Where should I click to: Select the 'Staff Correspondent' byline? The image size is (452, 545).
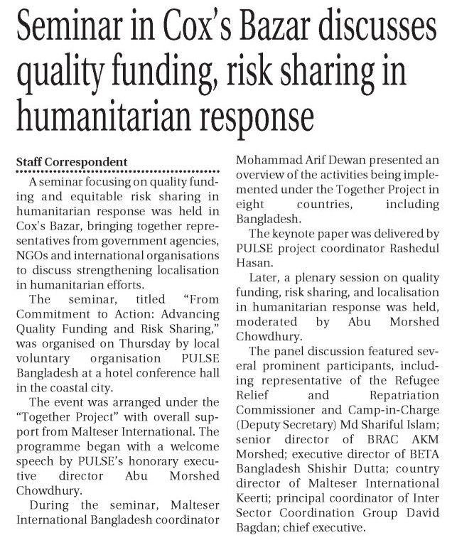[68, 161]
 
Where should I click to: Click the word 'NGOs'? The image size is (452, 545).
[33, 249]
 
